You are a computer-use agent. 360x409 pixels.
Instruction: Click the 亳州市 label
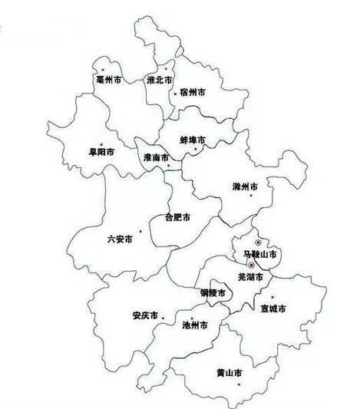[x=107, y=79]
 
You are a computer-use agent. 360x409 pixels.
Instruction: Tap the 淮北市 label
[x=160, y=80]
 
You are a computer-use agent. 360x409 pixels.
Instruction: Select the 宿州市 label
[x=193, y=93]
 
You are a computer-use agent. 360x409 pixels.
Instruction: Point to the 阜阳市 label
[x=102, y=152]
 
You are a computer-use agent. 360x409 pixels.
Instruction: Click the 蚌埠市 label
[x=193, y=141]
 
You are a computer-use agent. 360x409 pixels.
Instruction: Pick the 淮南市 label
[x=156, y=157]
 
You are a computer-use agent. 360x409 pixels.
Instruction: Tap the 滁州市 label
[x=245, y=186]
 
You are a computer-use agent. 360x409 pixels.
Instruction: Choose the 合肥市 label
[x=178, y=218]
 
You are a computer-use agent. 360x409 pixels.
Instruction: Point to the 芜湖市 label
[x=251, y=276]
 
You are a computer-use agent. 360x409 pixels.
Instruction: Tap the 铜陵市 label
[x=213, y=294]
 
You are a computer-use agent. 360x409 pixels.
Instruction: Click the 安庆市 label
[x=145, y=316]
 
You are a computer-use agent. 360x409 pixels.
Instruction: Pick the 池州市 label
[x=197, y=325]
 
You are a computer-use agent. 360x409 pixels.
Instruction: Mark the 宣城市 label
[x=272, y=309]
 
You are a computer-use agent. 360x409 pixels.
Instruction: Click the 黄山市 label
[x=230, y=374]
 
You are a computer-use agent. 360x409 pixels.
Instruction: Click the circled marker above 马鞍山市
[x=258, y=242]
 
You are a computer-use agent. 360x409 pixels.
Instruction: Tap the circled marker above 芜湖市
[x=251, y=265]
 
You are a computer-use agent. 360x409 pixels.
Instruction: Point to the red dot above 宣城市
[x=272, y=297]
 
